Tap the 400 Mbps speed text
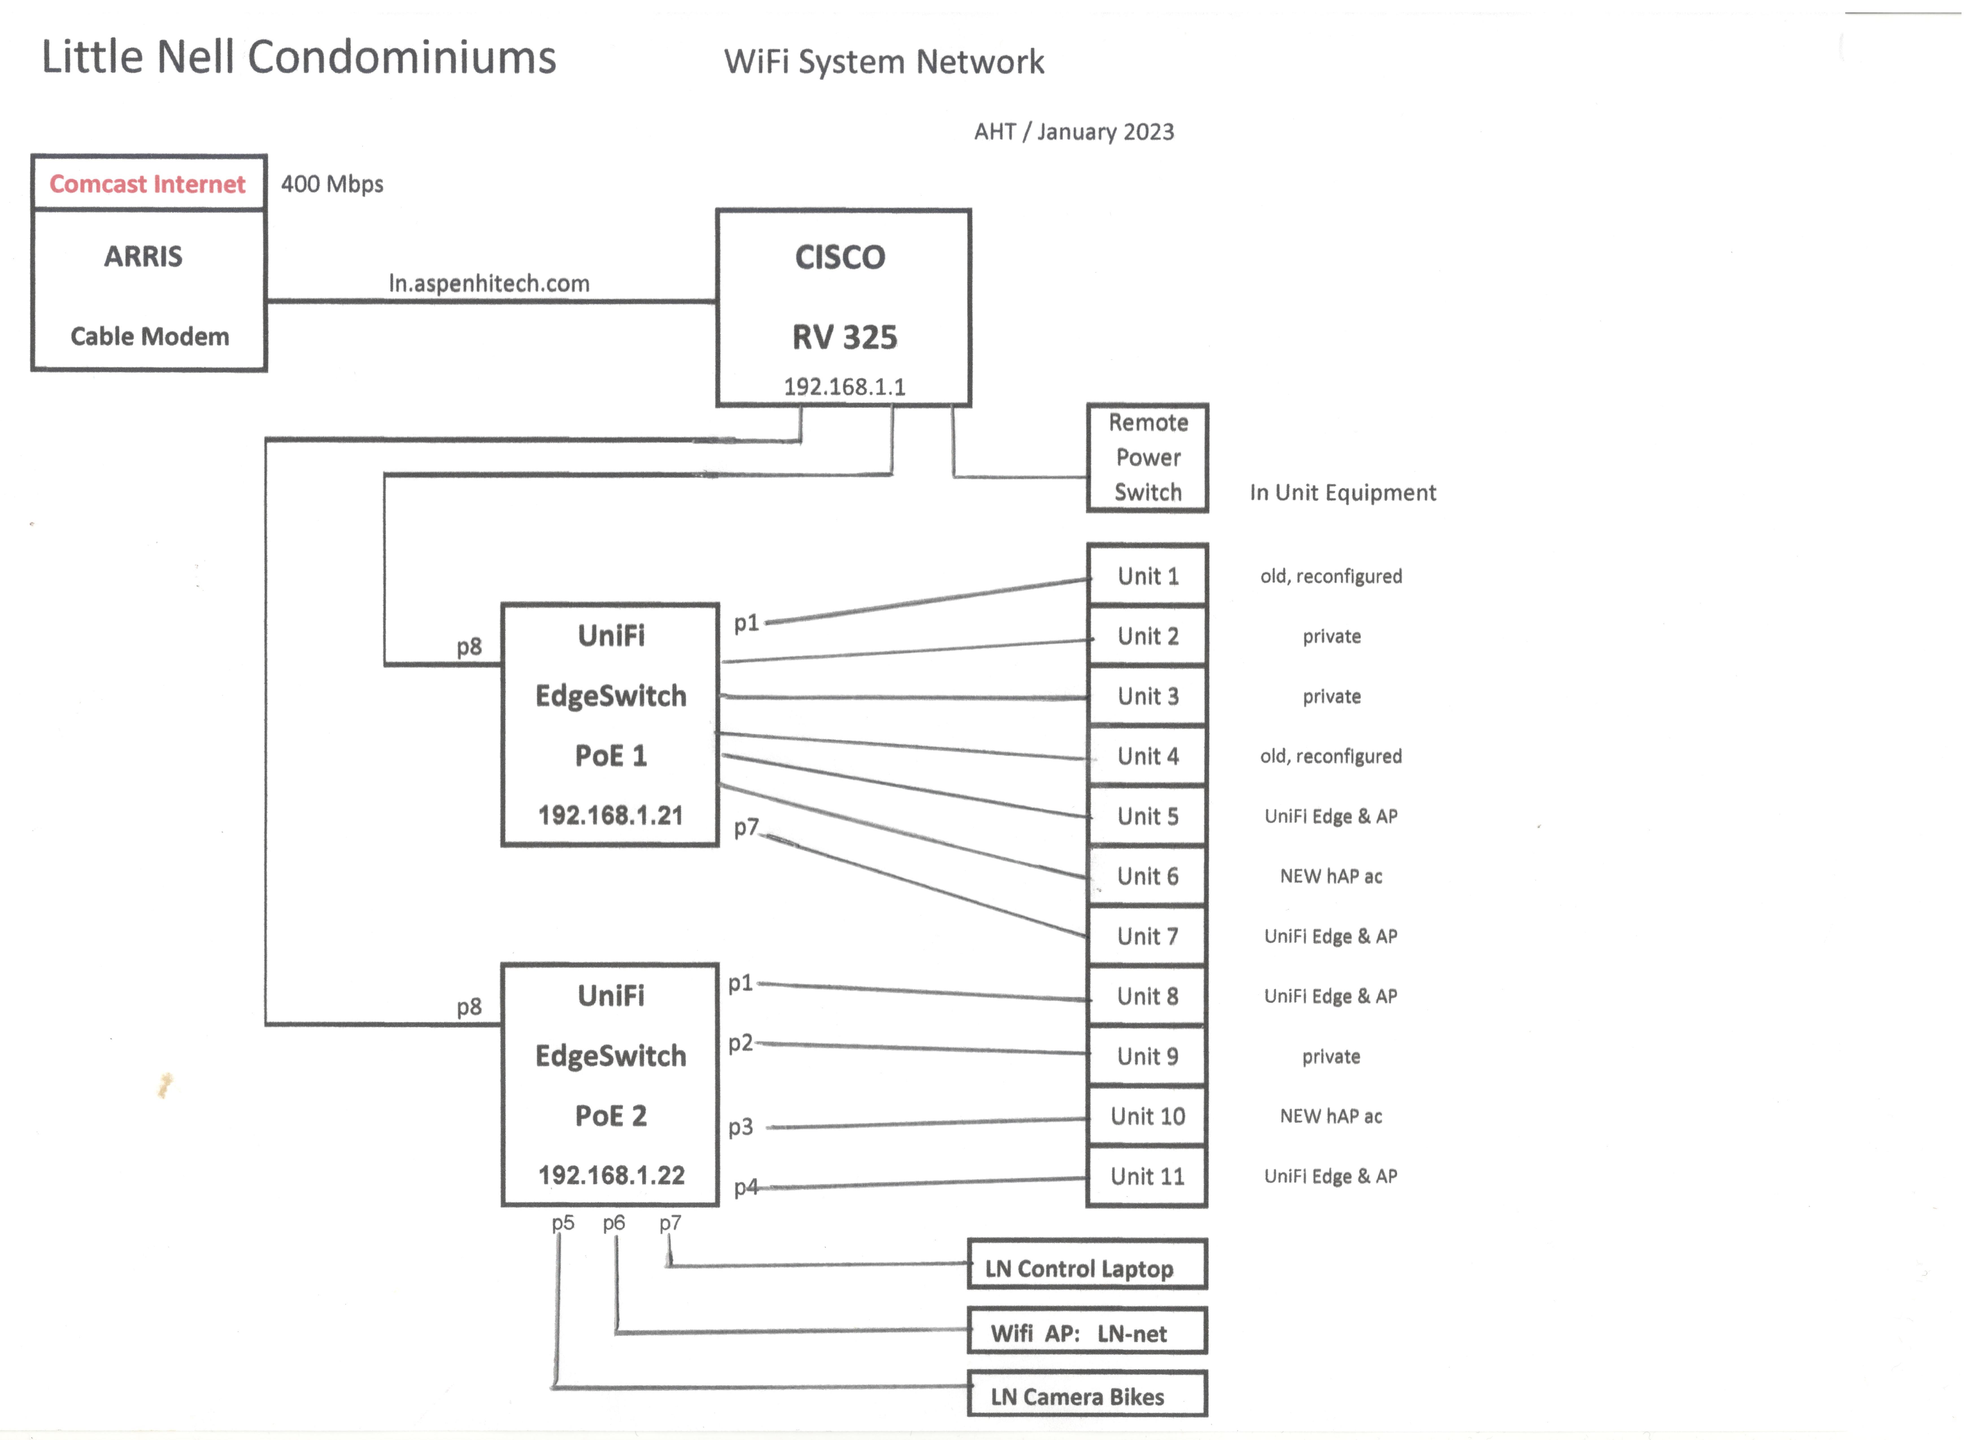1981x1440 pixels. [x=332, y=184]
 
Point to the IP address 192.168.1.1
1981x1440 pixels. [x=844, y=387]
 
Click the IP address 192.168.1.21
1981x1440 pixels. [x=610, y=816]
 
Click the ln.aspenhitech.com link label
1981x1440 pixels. [x=489, y=284]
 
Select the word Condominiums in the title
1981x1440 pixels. [x=402, y=58]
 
